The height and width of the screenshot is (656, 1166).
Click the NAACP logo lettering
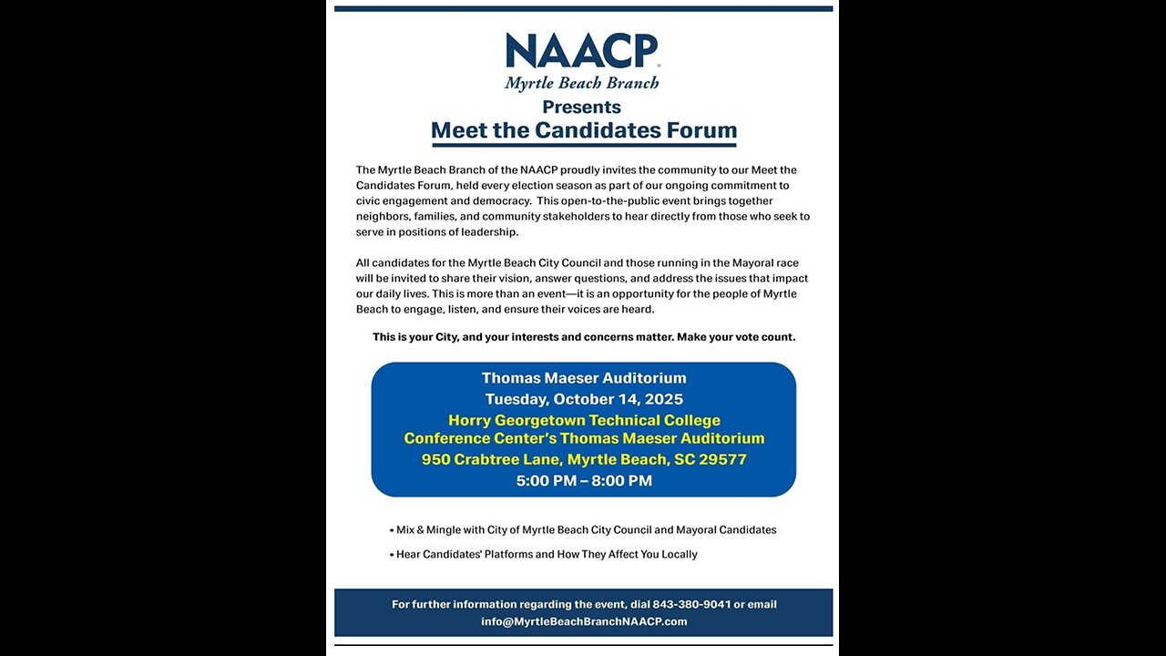coord(582,51)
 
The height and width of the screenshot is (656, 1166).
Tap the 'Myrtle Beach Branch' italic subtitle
coord(582,84)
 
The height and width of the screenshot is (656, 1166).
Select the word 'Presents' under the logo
coord(582,107)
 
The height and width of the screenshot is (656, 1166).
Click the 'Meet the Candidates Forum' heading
coord(583,130)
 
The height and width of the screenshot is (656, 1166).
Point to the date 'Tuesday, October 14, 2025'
coord(584,399)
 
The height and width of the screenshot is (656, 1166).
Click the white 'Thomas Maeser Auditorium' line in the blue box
coord(584,378)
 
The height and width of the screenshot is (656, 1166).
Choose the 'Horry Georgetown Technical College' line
coord(584,420)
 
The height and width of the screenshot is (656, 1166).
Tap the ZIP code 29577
coord(722,459)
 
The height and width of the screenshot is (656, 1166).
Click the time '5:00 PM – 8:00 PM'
coord(584,480)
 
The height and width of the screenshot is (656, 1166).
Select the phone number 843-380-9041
coord(691,604)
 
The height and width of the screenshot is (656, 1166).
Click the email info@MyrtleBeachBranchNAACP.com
coord(584,621)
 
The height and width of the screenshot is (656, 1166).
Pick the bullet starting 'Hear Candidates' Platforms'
coord(547,554)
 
